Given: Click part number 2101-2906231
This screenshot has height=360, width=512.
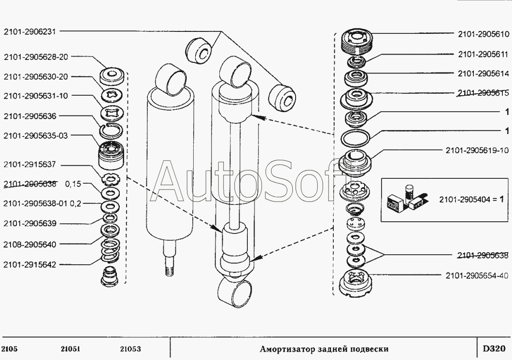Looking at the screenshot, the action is click(x=30, y=33).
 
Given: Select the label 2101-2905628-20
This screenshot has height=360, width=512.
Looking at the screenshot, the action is click(x=36, y=57).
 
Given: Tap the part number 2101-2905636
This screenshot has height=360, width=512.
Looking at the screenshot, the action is click(x=30, y=116).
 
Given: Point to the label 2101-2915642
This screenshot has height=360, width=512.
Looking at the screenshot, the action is click(x=30, y=264).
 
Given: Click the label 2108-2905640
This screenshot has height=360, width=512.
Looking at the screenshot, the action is click(x=30, y=245).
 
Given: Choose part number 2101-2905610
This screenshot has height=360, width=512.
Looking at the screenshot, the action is click(x=483, y=34).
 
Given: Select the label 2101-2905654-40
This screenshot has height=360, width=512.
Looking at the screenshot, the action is click(x=476, y=275).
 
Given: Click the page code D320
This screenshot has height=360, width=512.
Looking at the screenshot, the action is click(x=493, y=348).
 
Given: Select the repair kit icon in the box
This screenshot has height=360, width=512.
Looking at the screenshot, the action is click(x=406, y=200).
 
